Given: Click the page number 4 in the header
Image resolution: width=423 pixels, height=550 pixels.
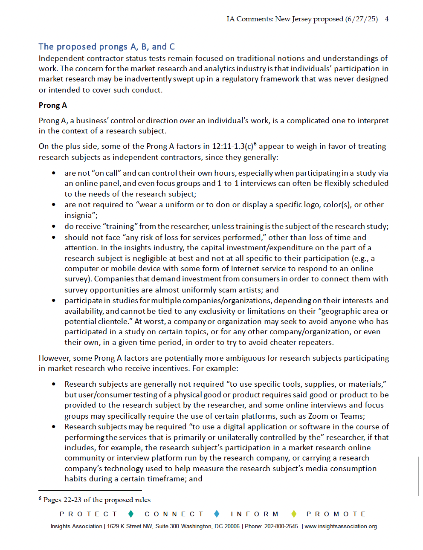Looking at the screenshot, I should click(x=387, y=19).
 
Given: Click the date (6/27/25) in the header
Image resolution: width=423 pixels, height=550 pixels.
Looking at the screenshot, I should click(x=361, y=19).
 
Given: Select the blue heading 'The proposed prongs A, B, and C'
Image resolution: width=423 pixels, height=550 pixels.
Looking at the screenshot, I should click(x=107, y=46).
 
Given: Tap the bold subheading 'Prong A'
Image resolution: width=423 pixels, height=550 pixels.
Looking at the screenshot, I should click(x=53, y=105).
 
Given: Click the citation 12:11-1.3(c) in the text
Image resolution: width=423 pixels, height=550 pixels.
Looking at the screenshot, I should click(x=232, y=146).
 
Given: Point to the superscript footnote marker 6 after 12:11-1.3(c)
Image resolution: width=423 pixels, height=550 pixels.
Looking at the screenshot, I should click(x=255, y=144).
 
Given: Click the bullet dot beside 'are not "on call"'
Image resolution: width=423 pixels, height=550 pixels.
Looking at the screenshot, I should click(x=54, y=173).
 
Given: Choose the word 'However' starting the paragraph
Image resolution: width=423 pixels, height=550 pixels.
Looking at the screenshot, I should click(x=54, y=358).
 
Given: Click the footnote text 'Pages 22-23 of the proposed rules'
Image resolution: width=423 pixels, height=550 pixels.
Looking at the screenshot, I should click(x=97, y=500).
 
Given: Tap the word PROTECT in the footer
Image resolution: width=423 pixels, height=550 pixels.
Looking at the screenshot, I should click(x=88, y=514).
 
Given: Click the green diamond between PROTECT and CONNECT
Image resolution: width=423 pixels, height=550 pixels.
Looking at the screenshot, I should click(x=131, y=514).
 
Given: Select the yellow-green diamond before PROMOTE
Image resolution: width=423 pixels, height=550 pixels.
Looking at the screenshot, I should click(x=293, y=514).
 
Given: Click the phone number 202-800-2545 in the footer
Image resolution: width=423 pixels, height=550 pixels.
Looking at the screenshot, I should click(x=281, y=527).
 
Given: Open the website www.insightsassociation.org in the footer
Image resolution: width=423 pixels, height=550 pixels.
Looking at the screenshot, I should click(x=341, y=527).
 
